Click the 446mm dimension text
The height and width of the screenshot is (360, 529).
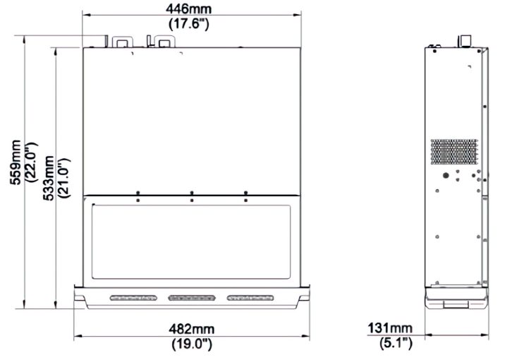pyautogui.click(x=188, y=8)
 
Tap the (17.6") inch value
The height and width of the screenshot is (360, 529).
pyautogui.click(x=188, y=23)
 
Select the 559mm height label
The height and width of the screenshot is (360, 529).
pyautogui.click(x=16, y=162)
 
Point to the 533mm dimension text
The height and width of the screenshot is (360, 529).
pyautogui.click(x=48, y=178)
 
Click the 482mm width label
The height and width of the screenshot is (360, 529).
pyautogui.click(x=192, y=329)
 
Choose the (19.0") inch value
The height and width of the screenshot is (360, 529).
pyautogui.click(x=192, y=344)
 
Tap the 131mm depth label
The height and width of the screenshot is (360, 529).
pyautogui.click(x=390, y=328)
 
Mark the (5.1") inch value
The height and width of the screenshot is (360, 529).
pyautogui.click(x=396, y=343)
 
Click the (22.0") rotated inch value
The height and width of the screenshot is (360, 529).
pyautogui.click(x=32, y=162)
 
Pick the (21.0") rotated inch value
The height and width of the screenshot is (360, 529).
pyautogui.click(x=64, y=178)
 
